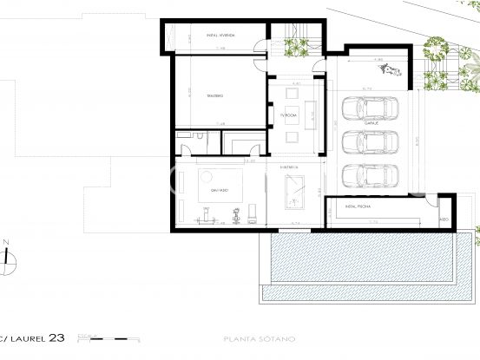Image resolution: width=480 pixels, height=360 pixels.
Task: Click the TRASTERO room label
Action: click(x=214, y=95)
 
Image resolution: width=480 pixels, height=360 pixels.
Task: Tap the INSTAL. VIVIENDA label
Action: click(x=216, y=36)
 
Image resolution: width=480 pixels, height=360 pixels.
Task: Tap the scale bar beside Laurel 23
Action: click(x=104, y=336)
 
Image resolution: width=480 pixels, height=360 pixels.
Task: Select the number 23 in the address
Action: click(x=56, y=337)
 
